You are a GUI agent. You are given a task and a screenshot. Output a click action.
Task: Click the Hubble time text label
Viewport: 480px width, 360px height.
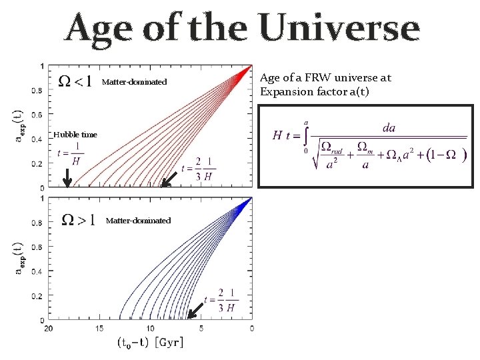(75, 135)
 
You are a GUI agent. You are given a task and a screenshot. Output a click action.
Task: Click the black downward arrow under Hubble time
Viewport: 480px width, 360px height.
(67, 176)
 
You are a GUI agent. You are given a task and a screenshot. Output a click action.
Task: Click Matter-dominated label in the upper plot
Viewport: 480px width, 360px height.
(134, 83)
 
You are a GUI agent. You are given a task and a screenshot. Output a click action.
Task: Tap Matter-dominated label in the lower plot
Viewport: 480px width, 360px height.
(138, 221)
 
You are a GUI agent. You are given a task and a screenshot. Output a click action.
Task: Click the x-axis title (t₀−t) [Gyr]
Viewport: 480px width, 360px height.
(150, 343)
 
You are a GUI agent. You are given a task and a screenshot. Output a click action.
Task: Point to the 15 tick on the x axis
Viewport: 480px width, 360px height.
(99, 329)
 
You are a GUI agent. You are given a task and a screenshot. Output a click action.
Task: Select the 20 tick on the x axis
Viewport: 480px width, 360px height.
(48, 329)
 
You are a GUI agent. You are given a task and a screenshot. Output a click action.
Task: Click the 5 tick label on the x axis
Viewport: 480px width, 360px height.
(201, 329)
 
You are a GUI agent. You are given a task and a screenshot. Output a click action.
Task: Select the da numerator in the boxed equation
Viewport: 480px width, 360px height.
(388, 127)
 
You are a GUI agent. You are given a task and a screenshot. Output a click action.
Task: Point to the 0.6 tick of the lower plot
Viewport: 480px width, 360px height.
(39, 247)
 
